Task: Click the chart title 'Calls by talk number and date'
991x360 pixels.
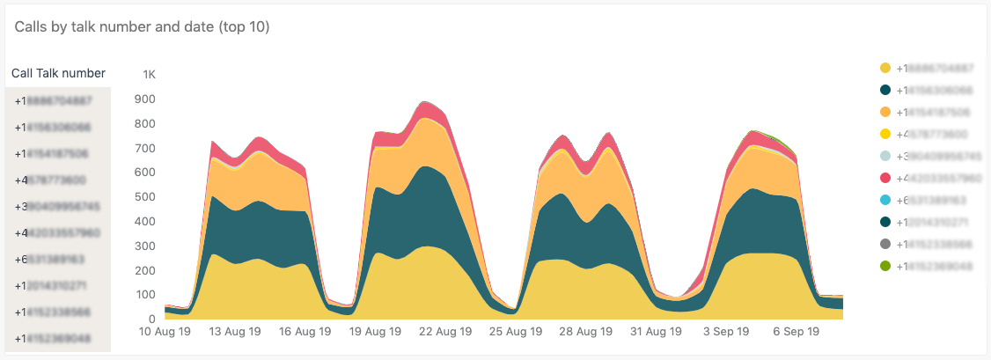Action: click(x=142, y=27)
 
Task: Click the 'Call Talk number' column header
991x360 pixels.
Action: click(x=58, y=73)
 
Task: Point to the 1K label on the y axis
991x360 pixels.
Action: click(x=149, y=75)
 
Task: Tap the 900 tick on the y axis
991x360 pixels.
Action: click(x=146, y=99)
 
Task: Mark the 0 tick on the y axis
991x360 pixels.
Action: click(x=152, y=320)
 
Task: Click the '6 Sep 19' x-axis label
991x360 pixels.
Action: click(x=796, y=333)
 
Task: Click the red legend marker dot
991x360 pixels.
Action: click(x=885, y=178)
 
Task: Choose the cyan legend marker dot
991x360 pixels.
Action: click(x=885, y=200)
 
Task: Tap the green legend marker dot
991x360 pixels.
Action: click(x=885, y=266)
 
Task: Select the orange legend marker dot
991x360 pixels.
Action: click(x=885, y=112)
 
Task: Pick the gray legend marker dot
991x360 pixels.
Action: click(x=885, y=244)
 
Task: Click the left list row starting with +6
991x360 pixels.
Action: click(x=58, y=260)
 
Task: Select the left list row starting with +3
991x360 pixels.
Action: click(x=58, y=207)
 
